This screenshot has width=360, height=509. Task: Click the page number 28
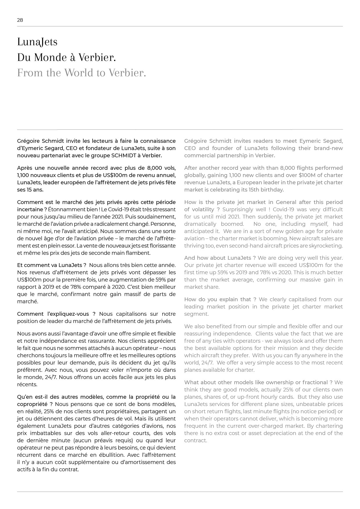tap(20, 20)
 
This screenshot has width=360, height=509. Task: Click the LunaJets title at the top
tap(37, 42)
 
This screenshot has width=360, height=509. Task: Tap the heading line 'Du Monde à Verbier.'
tap(66, 57)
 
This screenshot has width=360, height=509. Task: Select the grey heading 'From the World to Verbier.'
tap(81, 73)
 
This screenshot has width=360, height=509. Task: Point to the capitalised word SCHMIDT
tap(124, 155)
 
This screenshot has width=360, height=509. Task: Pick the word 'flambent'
tap(138, 253)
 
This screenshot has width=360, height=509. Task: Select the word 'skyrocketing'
tap(326, 246)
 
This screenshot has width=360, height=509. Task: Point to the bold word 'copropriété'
tap(32, 404)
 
